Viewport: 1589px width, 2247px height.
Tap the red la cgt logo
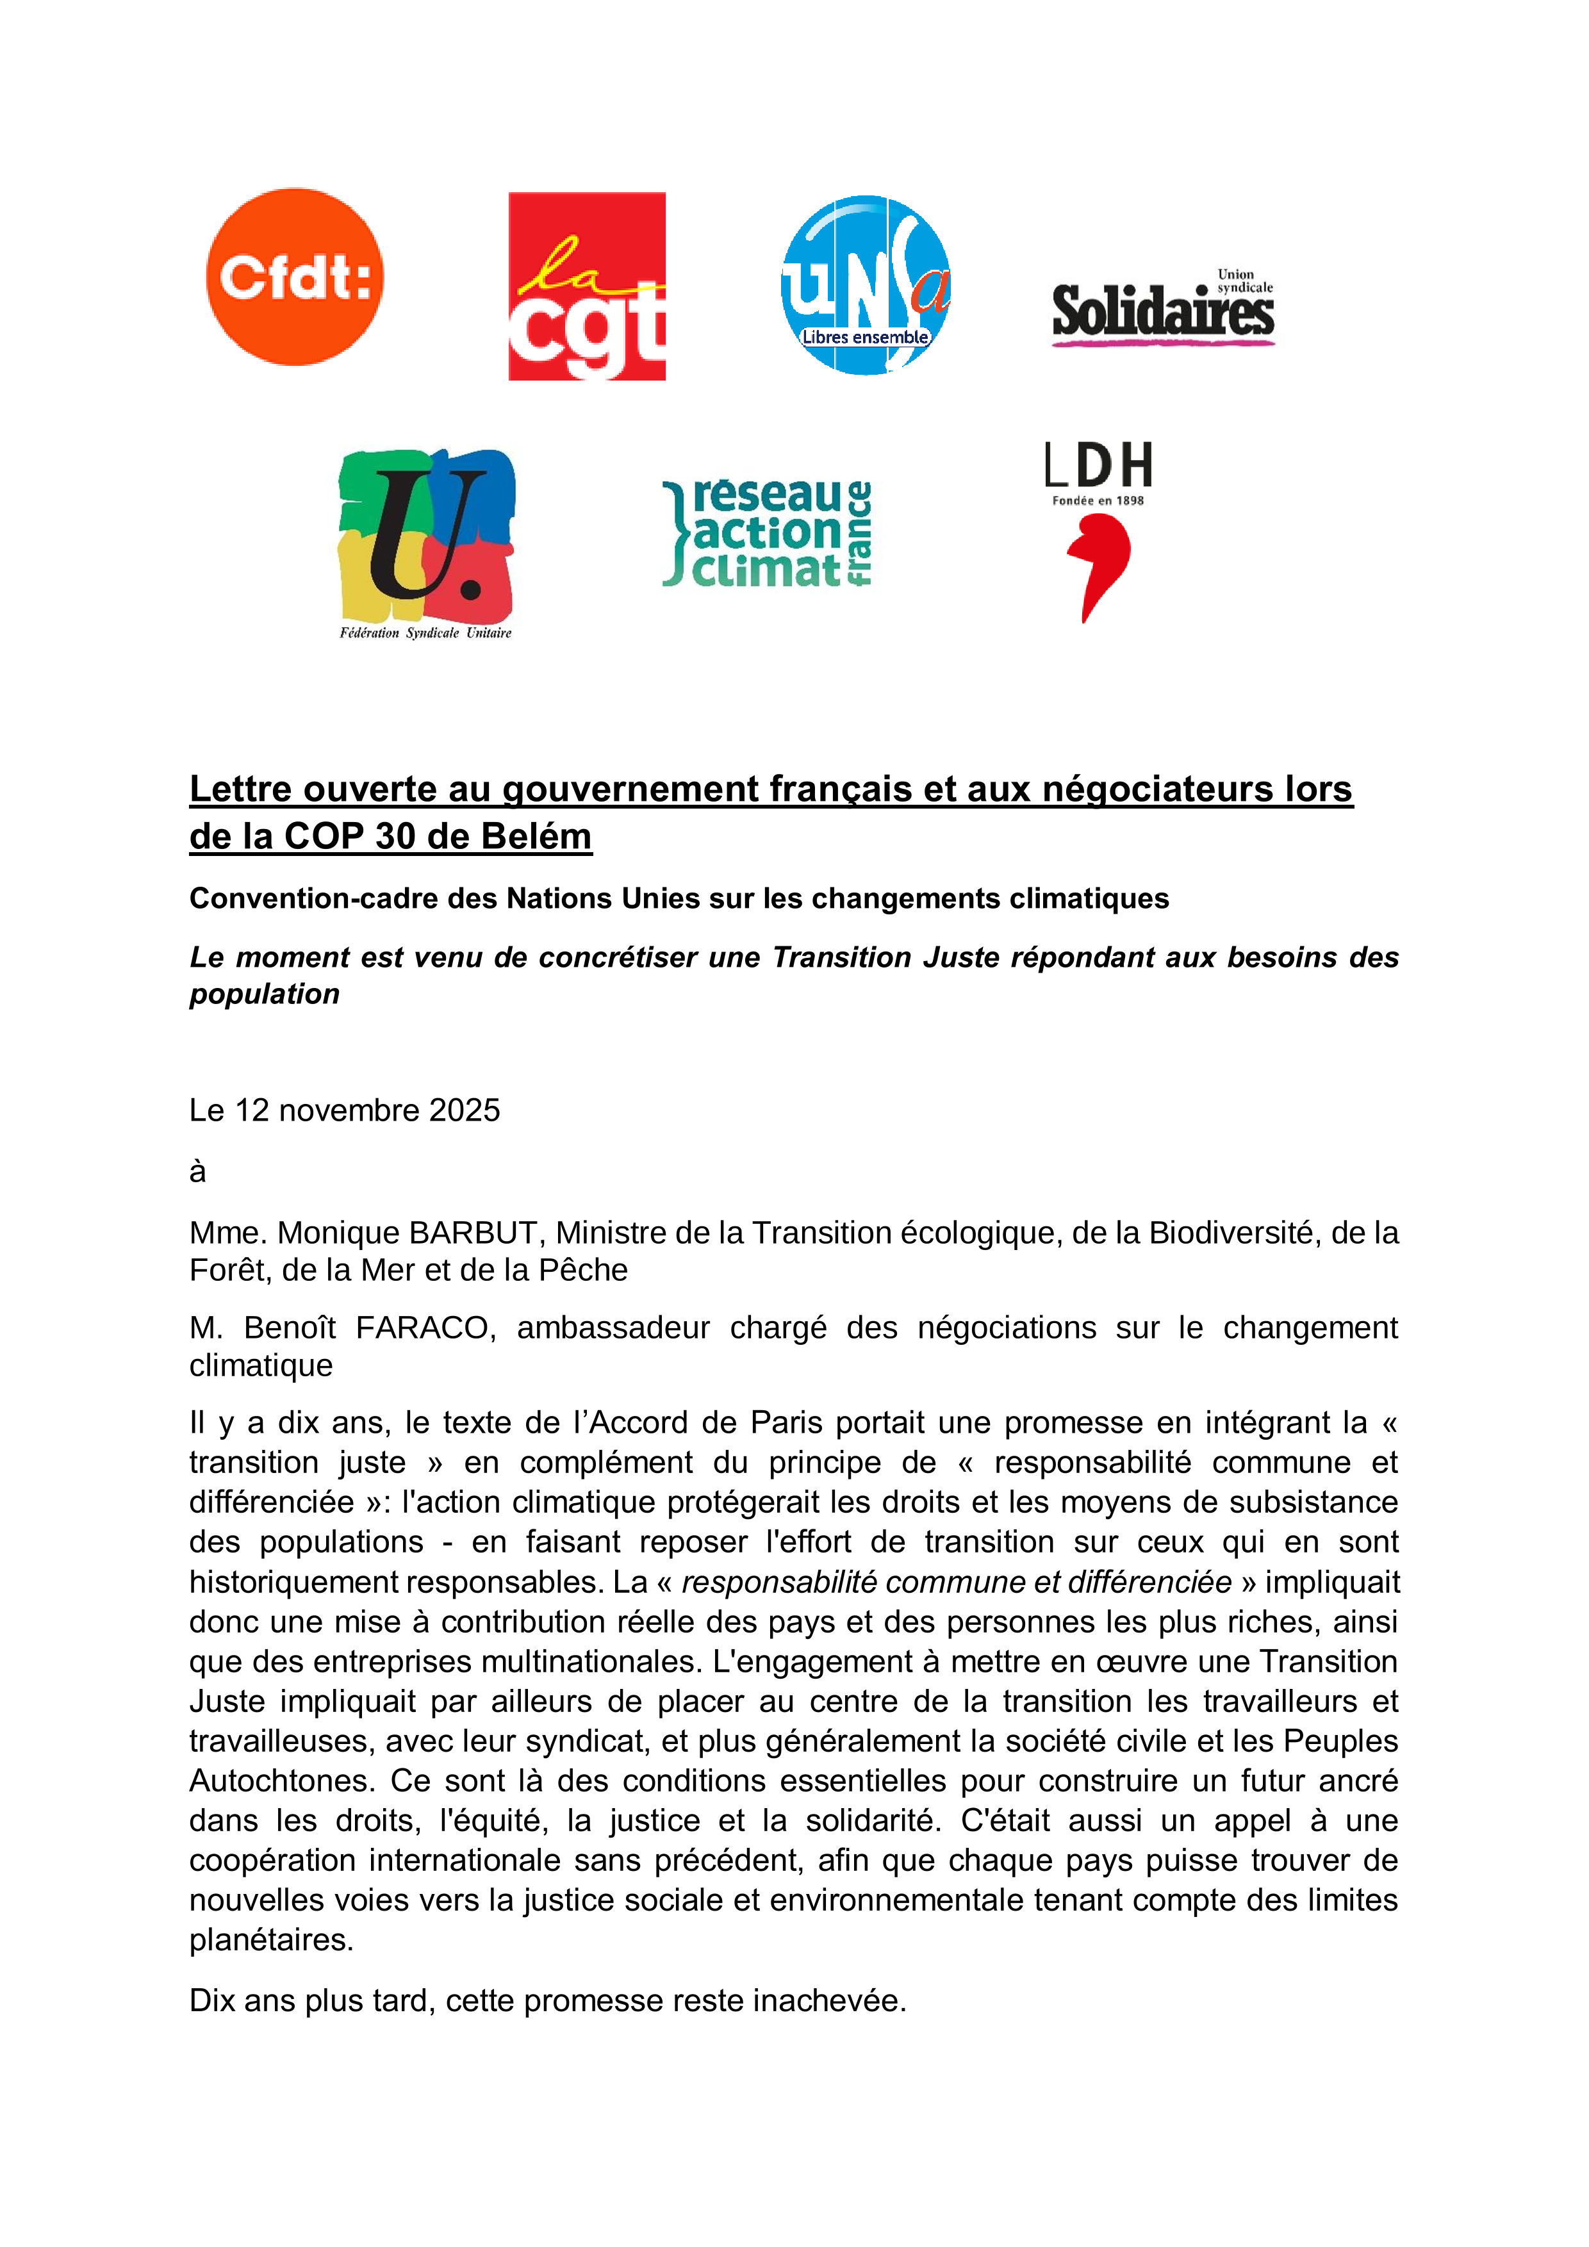(x=587, y=286)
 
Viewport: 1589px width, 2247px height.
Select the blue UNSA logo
(x=865, y=284)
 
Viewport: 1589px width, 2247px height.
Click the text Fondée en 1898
(x=1098, y=501)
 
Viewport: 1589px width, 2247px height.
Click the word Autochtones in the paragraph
(x=277, y=1780)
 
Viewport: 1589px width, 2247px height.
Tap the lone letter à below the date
(x=197, y=1171)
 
